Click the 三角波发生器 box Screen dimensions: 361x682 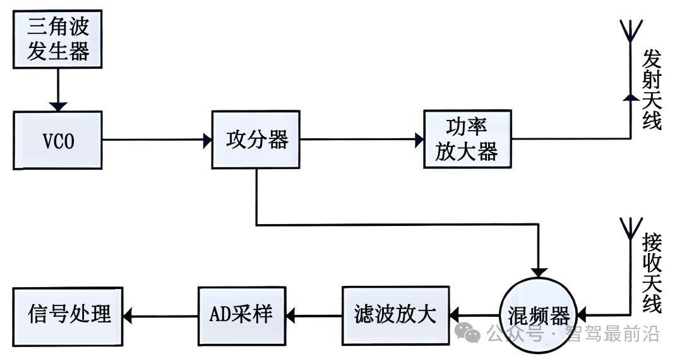[x=57, y=40]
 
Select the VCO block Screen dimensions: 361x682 [x=57, y=140]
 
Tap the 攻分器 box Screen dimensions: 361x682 [x=256, y=140]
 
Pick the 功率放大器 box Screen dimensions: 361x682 [x=467, y=139]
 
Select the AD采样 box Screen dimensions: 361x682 [x=242, y=313]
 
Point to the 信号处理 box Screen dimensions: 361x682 [x=69, y=313]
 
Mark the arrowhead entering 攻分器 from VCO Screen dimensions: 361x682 [x=206, y=140]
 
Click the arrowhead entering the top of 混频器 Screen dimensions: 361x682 [x=539, y=270]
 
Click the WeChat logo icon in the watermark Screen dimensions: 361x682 [x=469, y=332]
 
